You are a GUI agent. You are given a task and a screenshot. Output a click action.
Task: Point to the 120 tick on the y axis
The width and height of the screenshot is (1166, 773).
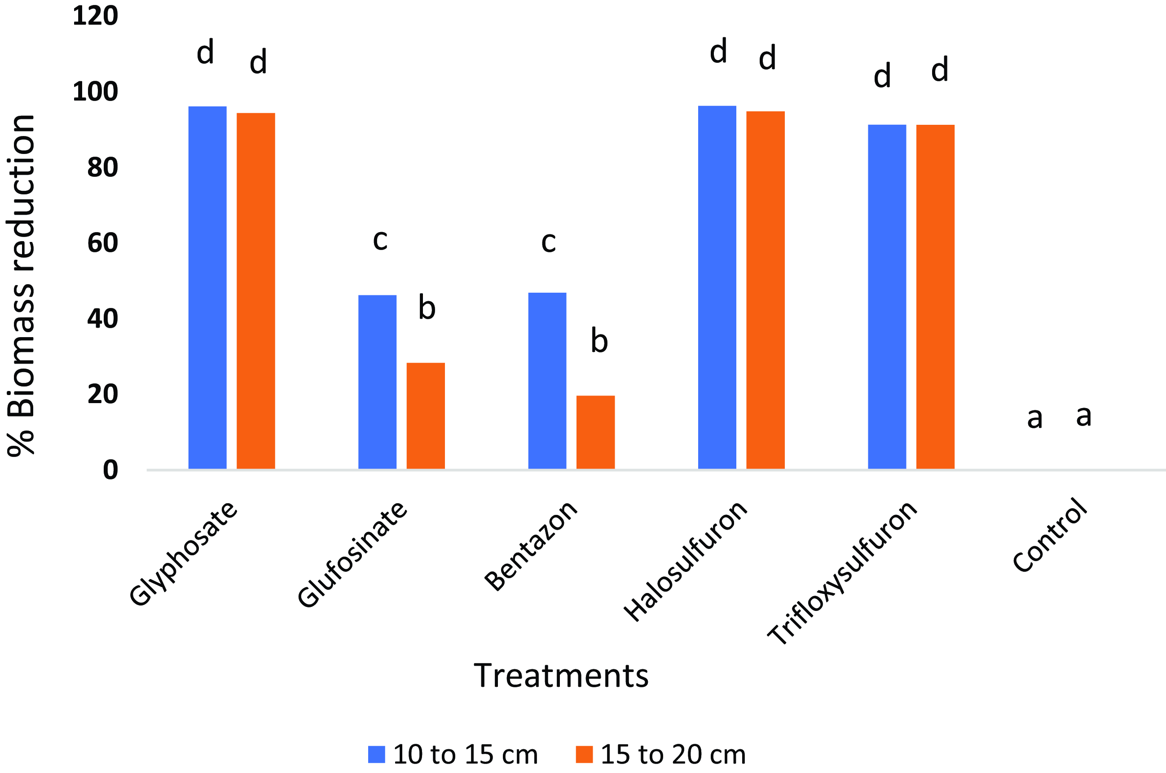click(x=95, y=16)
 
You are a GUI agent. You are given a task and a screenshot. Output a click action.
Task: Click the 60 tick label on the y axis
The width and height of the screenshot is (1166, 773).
click(x=102, y=243)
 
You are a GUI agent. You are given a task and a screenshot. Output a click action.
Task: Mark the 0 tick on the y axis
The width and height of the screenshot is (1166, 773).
click(x=110, y=470)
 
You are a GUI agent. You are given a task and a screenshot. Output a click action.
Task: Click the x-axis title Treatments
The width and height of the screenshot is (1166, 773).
click(x=561, y=676)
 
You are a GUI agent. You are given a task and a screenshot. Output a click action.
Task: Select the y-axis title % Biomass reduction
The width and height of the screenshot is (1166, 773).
click(x=21, y=286)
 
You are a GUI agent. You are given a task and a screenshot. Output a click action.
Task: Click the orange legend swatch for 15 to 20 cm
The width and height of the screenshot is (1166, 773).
click(x=584, y=754)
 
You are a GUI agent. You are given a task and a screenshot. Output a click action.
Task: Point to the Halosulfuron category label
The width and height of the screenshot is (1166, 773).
click(x=685, y=562)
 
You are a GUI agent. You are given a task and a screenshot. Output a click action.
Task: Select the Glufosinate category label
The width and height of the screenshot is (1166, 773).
click(x=352, y=554)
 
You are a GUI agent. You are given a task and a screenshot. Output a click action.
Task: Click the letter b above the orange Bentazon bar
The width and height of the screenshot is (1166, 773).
click(x=599, y=341)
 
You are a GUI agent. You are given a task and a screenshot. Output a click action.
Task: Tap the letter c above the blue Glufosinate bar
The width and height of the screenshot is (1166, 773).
click(x=380, y=240)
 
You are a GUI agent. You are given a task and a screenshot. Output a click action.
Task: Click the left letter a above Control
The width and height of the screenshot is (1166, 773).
click(x=1034, y=418)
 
